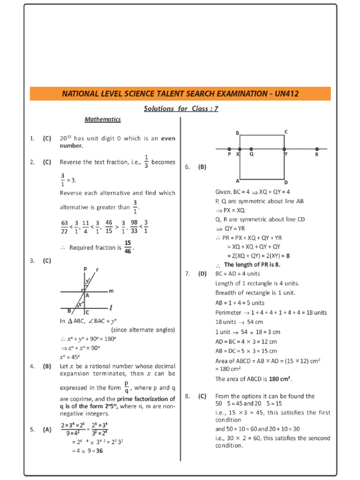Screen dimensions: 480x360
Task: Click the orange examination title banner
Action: pos(180,94)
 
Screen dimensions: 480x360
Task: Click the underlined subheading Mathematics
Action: pos(103,120)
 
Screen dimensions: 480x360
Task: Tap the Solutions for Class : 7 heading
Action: pos(180,109)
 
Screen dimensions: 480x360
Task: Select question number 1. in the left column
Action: pos(32,139)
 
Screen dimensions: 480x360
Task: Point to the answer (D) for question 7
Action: pos(202,274)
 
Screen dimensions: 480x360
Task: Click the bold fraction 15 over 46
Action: pos(127,247)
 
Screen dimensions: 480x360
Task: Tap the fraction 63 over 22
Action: pos(65,226)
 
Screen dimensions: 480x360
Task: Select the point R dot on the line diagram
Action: pos(317,149)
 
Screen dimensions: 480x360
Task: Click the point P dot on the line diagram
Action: pos(229,149)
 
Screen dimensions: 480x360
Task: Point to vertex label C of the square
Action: pos(286,132)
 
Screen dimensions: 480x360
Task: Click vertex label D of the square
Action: pos(286,182)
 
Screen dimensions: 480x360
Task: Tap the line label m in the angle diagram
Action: pos(111,291)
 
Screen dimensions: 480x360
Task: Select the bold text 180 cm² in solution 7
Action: pos(282,379)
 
